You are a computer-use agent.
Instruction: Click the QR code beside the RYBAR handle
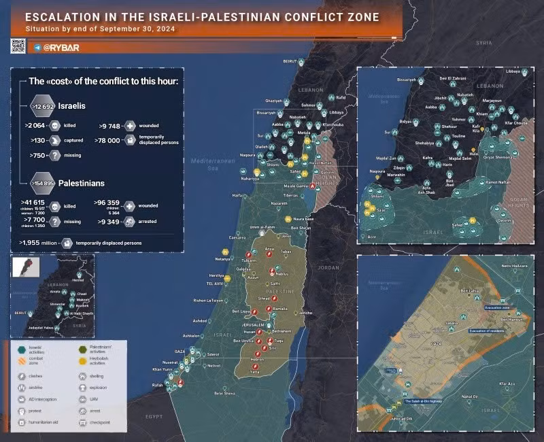coord(18,46)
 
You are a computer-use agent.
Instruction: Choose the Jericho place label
coord(305,312)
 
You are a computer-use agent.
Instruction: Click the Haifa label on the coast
coord(237,195)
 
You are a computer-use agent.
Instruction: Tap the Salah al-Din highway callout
coord(429,401)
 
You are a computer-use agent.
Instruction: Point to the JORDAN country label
coord(328,267)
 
